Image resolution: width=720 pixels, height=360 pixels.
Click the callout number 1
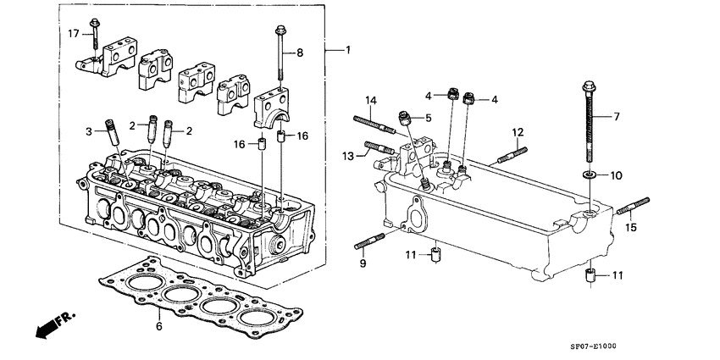coord(346,51)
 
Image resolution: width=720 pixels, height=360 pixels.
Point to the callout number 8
coord(299,53)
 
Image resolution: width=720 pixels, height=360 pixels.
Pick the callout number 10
coord(616,175)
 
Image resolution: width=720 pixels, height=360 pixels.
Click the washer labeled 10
coord(589,175)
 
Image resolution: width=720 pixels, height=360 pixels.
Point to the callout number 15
coord(629,227)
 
